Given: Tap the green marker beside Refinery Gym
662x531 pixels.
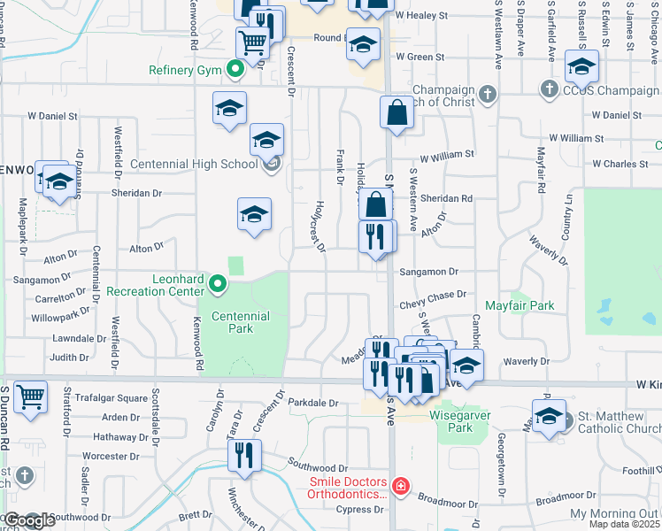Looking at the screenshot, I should (235, 68).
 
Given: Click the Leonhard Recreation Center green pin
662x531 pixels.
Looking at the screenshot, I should (219, 284).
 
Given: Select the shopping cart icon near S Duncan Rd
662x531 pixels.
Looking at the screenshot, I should (31, 396).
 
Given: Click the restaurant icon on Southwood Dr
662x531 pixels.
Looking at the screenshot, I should (242, 455).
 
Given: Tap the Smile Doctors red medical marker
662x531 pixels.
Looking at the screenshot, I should (401, 486).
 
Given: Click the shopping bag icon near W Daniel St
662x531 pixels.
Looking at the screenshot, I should (396, 112).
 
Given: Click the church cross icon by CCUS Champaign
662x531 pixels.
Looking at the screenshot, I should (549, 89).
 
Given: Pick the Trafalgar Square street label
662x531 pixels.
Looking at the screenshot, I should (111, 398).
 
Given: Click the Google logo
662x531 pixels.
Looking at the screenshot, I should (29, 520).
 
